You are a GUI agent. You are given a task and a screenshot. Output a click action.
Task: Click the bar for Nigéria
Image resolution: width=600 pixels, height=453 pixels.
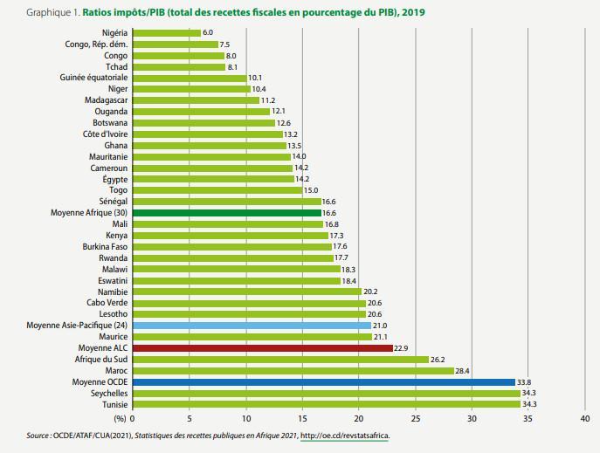point(167,33)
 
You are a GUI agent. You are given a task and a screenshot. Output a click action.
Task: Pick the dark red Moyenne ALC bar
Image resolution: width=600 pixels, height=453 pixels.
point(263,347)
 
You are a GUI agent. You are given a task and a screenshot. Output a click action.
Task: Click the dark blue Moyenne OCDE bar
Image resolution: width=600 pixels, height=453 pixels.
point(324,381)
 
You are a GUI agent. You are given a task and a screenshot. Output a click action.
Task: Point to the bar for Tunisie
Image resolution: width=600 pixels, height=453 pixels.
point(327,404)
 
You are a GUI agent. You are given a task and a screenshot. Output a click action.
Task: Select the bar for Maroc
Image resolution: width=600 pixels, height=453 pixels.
point(293,370)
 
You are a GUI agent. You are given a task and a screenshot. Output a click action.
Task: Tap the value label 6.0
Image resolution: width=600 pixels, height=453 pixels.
point(208,33)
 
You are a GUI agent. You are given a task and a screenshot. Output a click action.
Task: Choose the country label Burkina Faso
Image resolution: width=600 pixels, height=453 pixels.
point(104,246)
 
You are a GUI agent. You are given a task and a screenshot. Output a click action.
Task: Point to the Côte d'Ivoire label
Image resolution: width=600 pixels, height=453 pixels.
point(106,134)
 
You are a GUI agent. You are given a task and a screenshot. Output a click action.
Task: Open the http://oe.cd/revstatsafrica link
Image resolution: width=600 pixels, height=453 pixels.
point(345,436)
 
